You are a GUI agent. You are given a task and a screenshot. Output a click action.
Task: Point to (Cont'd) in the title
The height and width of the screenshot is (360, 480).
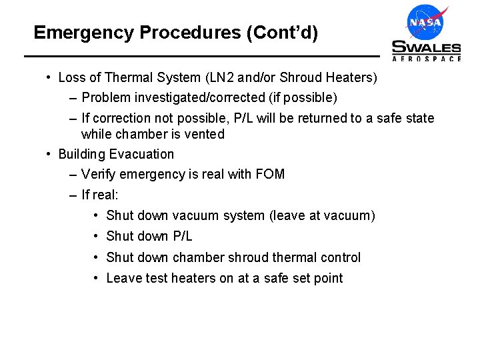tap(282, 32)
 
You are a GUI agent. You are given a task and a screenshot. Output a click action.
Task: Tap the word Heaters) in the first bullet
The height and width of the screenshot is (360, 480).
tap(353, 78)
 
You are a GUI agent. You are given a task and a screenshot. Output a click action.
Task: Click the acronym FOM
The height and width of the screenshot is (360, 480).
tap(269, 175)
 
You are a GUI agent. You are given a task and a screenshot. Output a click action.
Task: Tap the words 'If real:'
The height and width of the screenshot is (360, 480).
tap(99, 195)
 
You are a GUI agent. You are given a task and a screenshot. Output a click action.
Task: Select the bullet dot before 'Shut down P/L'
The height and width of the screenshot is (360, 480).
tap(97, 236)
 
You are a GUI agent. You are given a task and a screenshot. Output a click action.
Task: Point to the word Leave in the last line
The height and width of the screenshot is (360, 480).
tap(124, 278)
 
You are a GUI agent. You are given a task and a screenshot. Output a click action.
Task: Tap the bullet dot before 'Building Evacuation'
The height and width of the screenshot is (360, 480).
tap(49, 154)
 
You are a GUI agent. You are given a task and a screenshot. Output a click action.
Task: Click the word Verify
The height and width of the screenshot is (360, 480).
tap(99, 175)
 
